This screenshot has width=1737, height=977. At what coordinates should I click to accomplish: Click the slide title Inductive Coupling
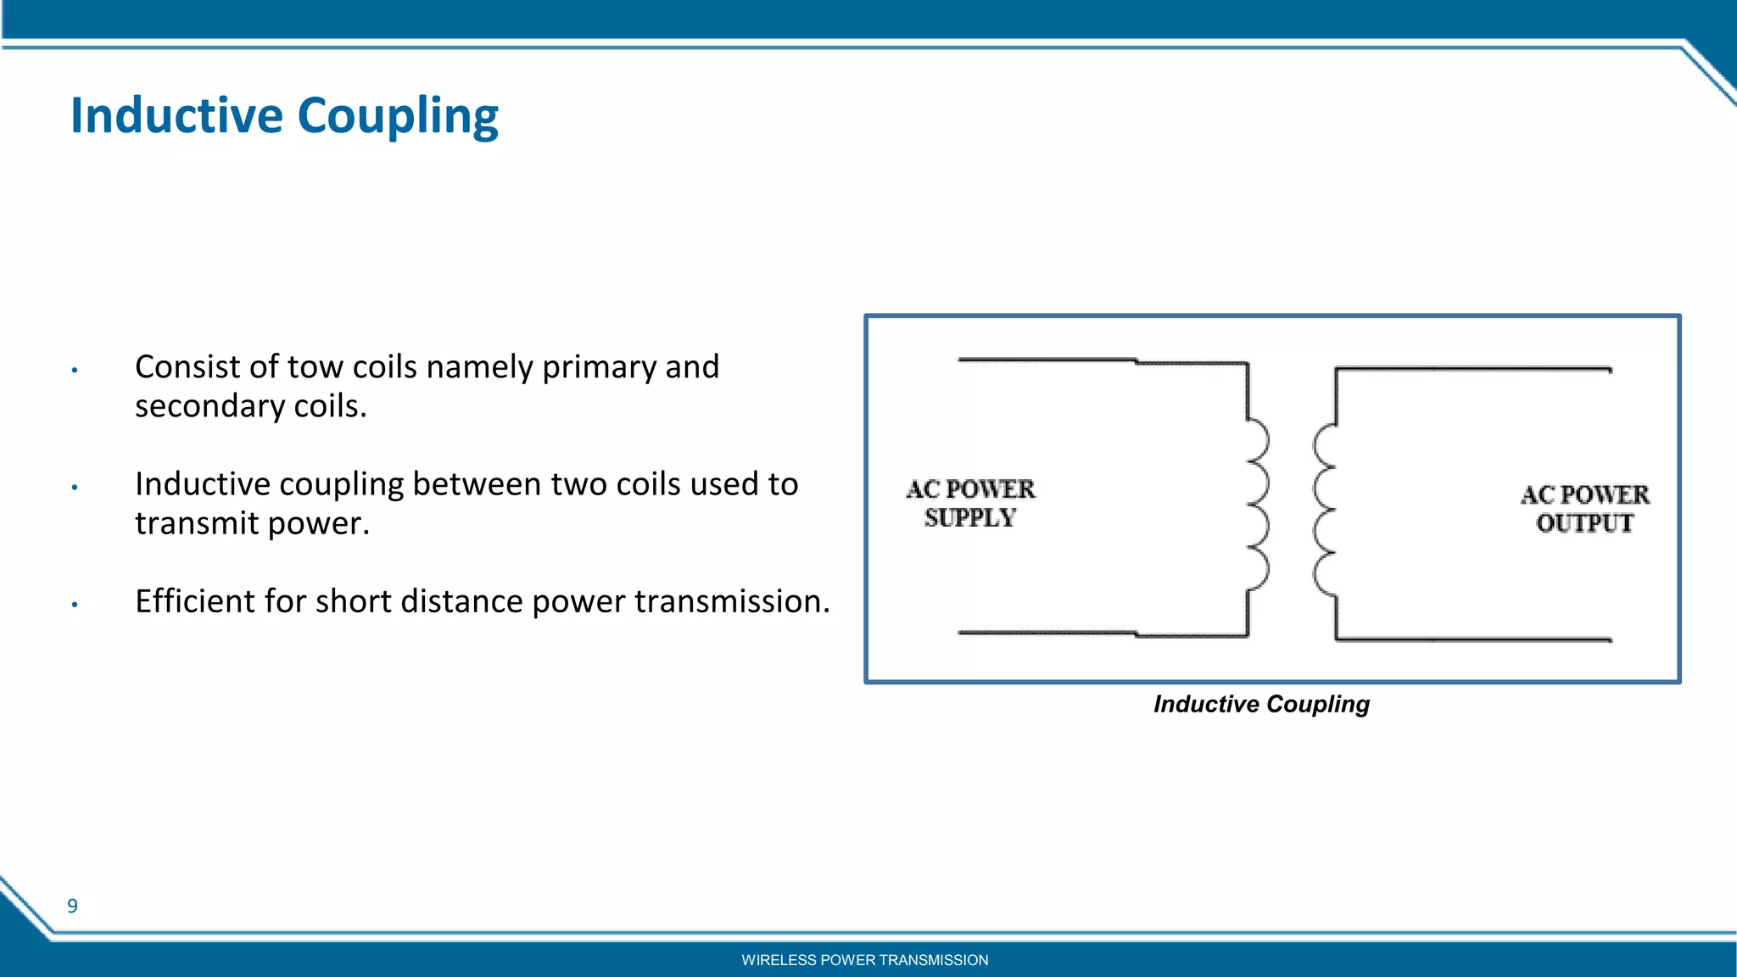284,116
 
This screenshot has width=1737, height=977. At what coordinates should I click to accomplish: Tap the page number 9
73,906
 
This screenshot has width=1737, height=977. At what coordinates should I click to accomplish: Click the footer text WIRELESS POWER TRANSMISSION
864,960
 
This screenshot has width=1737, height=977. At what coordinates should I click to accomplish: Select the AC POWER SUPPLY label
970,503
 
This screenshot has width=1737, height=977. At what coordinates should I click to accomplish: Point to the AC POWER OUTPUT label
1584,508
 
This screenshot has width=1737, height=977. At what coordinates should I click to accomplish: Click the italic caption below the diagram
1261,704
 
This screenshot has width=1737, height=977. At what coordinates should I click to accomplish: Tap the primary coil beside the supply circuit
1256,505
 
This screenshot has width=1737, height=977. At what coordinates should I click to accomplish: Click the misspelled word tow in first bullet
316,367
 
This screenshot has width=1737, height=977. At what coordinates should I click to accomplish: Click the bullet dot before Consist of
75,371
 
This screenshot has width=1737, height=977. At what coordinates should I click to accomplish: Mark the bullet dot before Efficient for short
75,605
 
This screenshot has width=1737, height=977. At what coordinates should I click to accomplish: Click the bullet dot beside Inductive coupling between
75,488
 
